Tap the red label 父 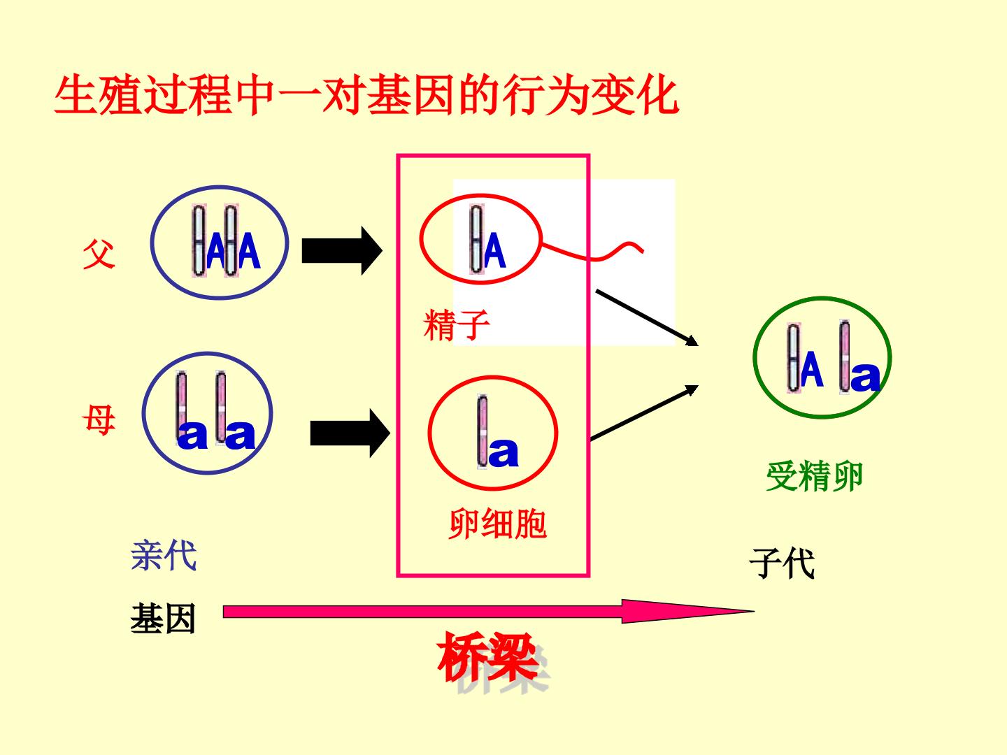(99, 254)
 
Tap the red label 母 (99, 420)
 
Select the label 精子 (456, 325)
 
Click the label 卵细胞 (497, 524)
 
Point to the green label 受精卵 (814, 476)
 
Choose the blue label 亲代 (164, 556)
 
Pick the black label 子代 (782, 563)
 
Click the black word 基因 (164, 619)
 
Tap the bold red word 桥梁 (487, 656)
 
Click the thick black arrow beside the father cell (342, 251)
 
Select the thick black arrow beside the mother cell (350, 433)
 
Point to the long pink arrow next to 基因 (489, 611)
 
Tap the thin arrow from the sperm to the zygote (647, 317)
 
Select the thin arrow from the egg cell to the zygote (644, 412)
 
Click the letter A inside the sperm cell (494, 250)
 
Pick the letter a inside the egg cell (503, 452)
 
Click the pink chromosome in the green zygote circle (845, 357)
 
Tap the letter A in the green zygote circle (812, 370)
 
